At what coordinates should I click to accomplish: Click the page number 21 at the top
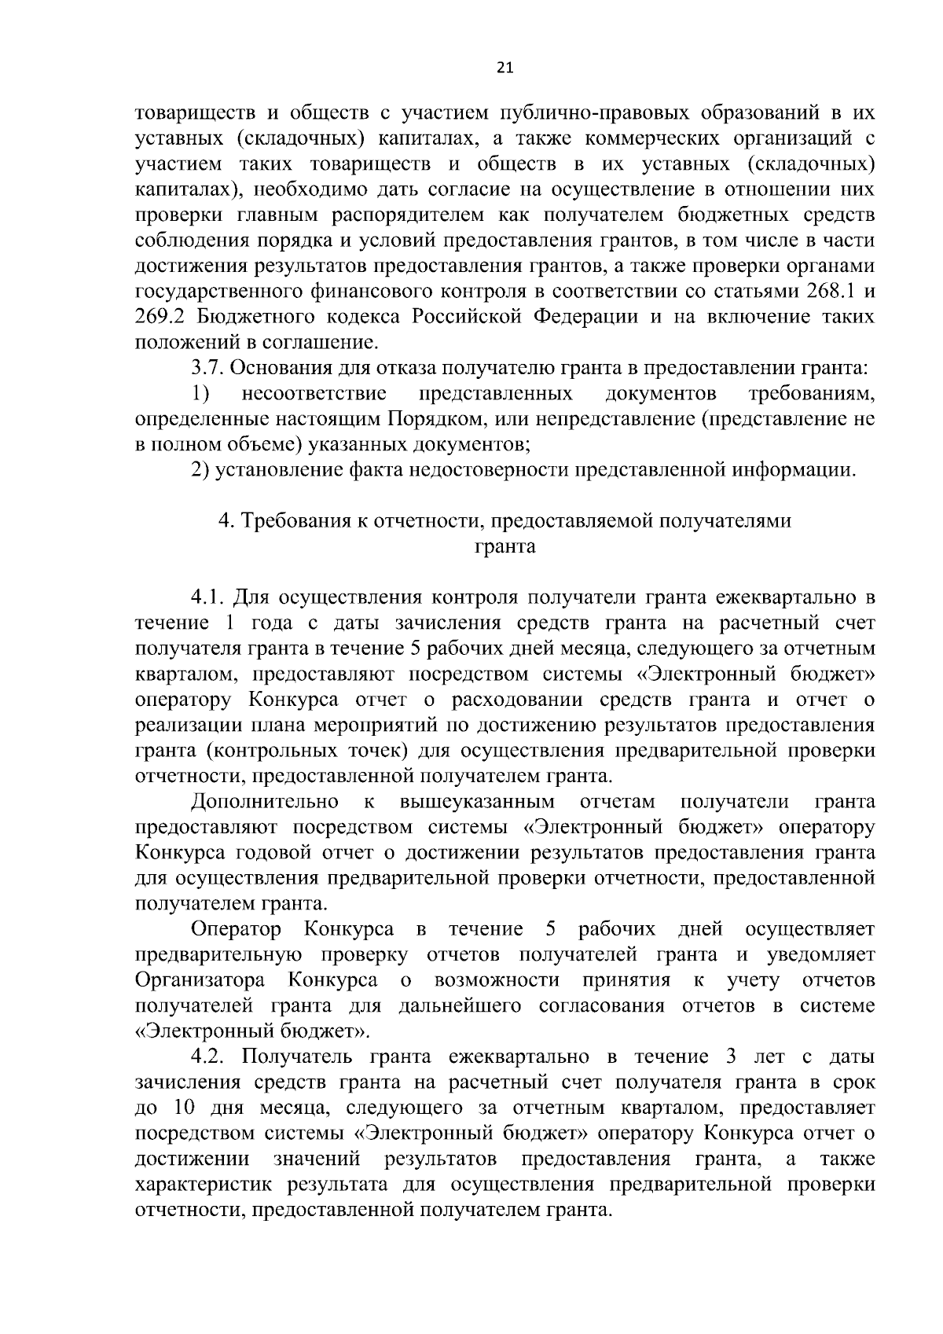(x=505, y=68)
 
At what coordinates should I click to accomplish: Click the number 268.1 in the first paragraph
(x=831, y=292)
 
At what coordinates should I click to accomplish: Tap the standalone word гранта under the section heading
(x=505, y=547)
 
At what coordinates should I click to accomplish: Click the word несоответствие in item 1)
(x=314, y=393)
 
